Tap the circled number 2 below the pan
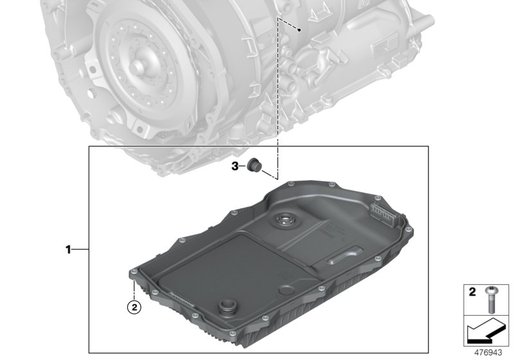point(133,307)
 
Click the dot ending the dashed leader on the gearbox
point(300,30)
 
